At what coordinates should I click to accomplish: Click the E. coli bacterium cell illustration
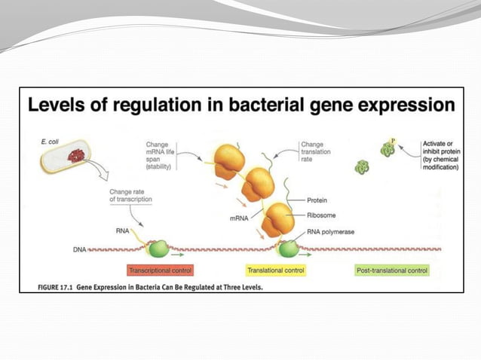tap(71, 158)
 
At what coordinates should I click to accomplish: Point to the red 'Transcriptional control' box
tap(161, 270)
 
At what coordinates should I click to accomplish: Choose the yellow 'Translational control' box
tap(276, 270)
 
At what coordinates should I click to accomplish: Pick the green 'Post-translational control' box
tap(391, 270)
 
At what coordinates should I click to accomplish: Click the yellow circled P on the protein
tap(393, 141)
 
